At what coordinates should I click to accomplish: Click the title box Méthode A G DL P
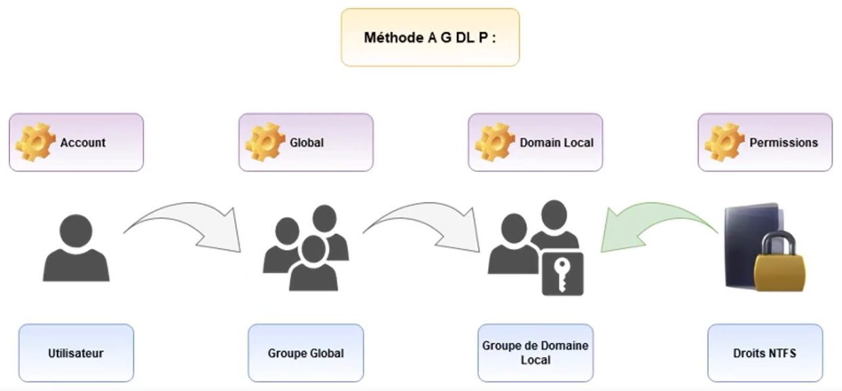click(430, 37)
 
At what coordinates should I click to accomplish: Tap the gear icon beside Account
click(35, 142)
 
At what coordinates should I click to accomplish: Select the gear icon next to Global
click(265, 142)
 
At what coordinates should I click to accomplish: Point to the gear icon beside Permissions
click(724, 142)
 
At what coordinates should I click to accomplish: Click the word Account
click(83, 142)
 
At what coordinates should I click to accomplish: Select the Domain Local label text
click(556, 142)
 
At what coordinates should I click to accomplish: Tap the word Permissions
click(783, 142)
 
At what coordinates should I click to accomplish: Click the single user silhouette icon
click(76, 249)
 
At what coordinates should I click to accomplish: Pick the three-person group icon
click(306, 249)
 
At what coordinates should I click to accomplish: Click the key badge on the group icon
click(562, 275)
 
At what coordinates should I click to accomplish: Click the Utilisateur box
click(76, 353)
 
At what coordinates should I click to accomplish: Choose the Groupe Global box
click(305, 353)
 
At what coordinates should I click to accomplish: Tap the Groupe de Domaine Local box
click(535, 353)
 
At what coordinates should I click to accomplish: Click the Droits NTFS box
click(765, 353)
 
